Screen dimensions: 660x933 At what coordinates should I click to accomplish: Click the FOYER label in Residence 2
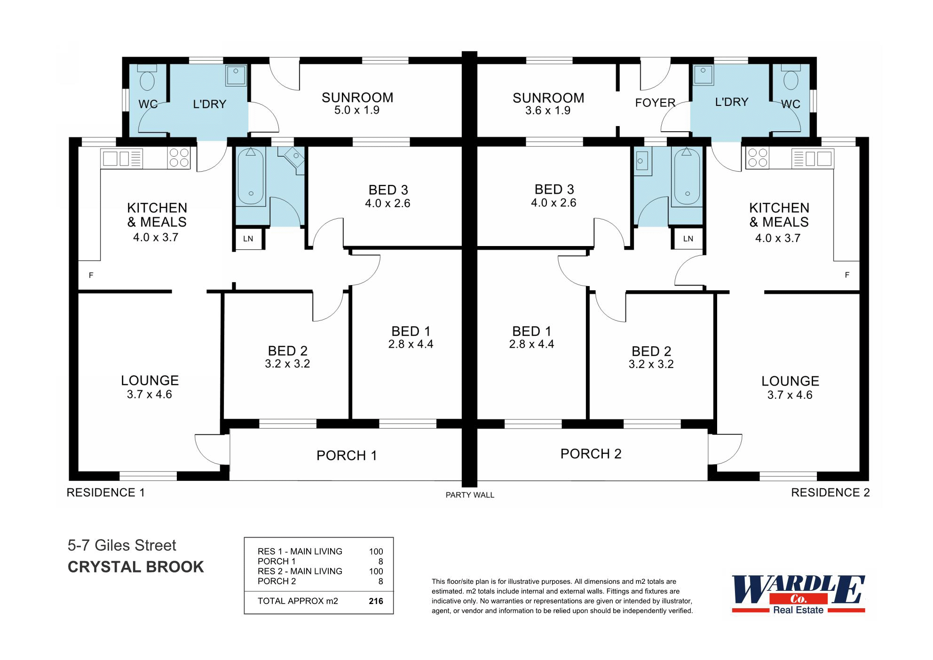(x=655, y=103)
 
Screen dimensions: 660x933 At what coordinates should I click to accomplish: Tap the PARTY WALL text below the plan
(x=470, y=495)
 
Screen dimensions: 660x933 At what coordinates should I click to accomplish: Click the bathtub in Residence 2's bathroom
(x=687, y=176)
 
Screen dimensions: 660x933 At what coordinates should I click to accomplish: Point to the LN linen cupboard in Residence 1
(x=248, y=239)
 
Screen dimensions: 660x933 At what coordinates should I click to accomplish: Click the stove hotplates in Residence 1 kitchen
(x=179, y=158)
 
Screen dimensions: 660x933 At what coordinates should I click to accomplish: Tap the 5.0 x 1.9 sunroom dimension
(x=357, y=110)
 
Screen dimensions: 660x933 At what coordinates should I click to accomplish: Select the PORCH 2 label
(x=591, y=454)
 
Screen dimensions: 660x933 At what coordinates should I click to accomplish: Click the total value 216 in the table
(x=376, y=601)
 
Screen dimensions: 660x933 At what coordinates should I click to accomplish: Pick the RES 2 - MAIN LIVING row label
(x=300, y=571)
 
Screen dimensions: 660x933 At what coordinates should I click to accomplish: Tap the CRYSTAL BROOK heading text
(x=136, y=567)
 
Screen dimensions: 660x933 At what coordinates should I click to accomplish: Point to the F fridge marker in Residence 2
(x=847, y=275)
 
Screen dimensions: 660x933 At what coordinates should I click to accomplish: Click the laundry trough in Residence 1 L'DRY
(x=236, y=75)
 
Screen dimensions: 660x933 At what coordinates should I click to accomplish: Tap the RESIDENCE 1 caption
(x=106, y=493)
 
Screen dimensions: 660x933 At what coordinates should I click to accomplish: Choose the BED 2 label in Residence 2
(x=651, y=351)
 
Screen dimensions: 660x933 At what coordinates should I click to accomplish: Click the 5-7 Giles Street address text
(x=122, y=545)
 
